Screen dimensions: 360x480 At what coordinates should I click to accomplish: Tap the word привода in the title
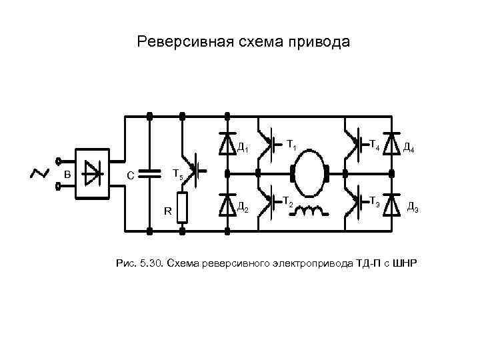click(x=317, y=42)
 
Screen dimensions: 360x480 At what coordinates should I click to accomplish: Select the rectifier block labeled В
click(x=93, y=175)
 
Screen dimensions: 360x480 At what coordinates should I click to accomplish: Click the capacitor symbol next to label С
click(x=149, y=175)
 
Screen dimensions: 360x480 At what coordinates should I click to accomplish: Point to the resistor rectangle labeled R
click(x=181, y=207)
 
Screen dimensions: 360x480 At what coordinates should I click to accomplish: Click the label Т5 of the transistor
click(x=177, y=175)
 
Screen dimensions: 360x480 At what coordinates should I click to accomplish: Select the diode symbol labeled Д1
click(x=227, y=145)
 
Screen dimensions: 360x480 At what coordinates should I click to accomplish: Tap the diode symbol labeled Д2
click(x=227, y=205)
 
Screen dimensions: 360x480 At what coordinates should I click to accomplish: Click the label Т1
click(x=291, y=143)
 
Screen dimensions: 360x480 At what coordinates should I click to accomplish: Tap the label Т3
click(x=375, y=202)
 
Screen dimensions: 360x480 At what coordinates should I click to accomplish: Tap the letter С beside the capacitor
click(x=131, y=176)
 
